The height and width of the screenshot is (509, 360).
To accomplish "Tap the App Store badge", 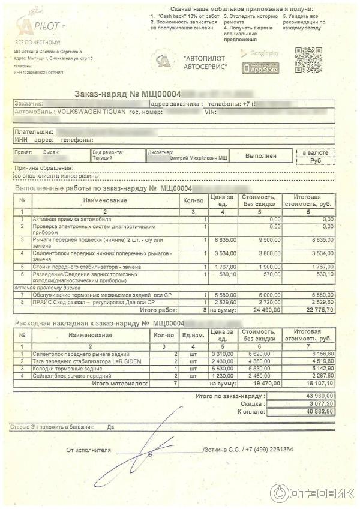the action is (x=260, y=69).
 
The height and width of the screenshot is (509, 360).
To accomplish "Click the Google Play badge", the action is (x=260, y=54).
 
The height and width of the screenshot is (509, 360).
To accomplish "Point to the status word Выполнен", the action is (x=261, y=155).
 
